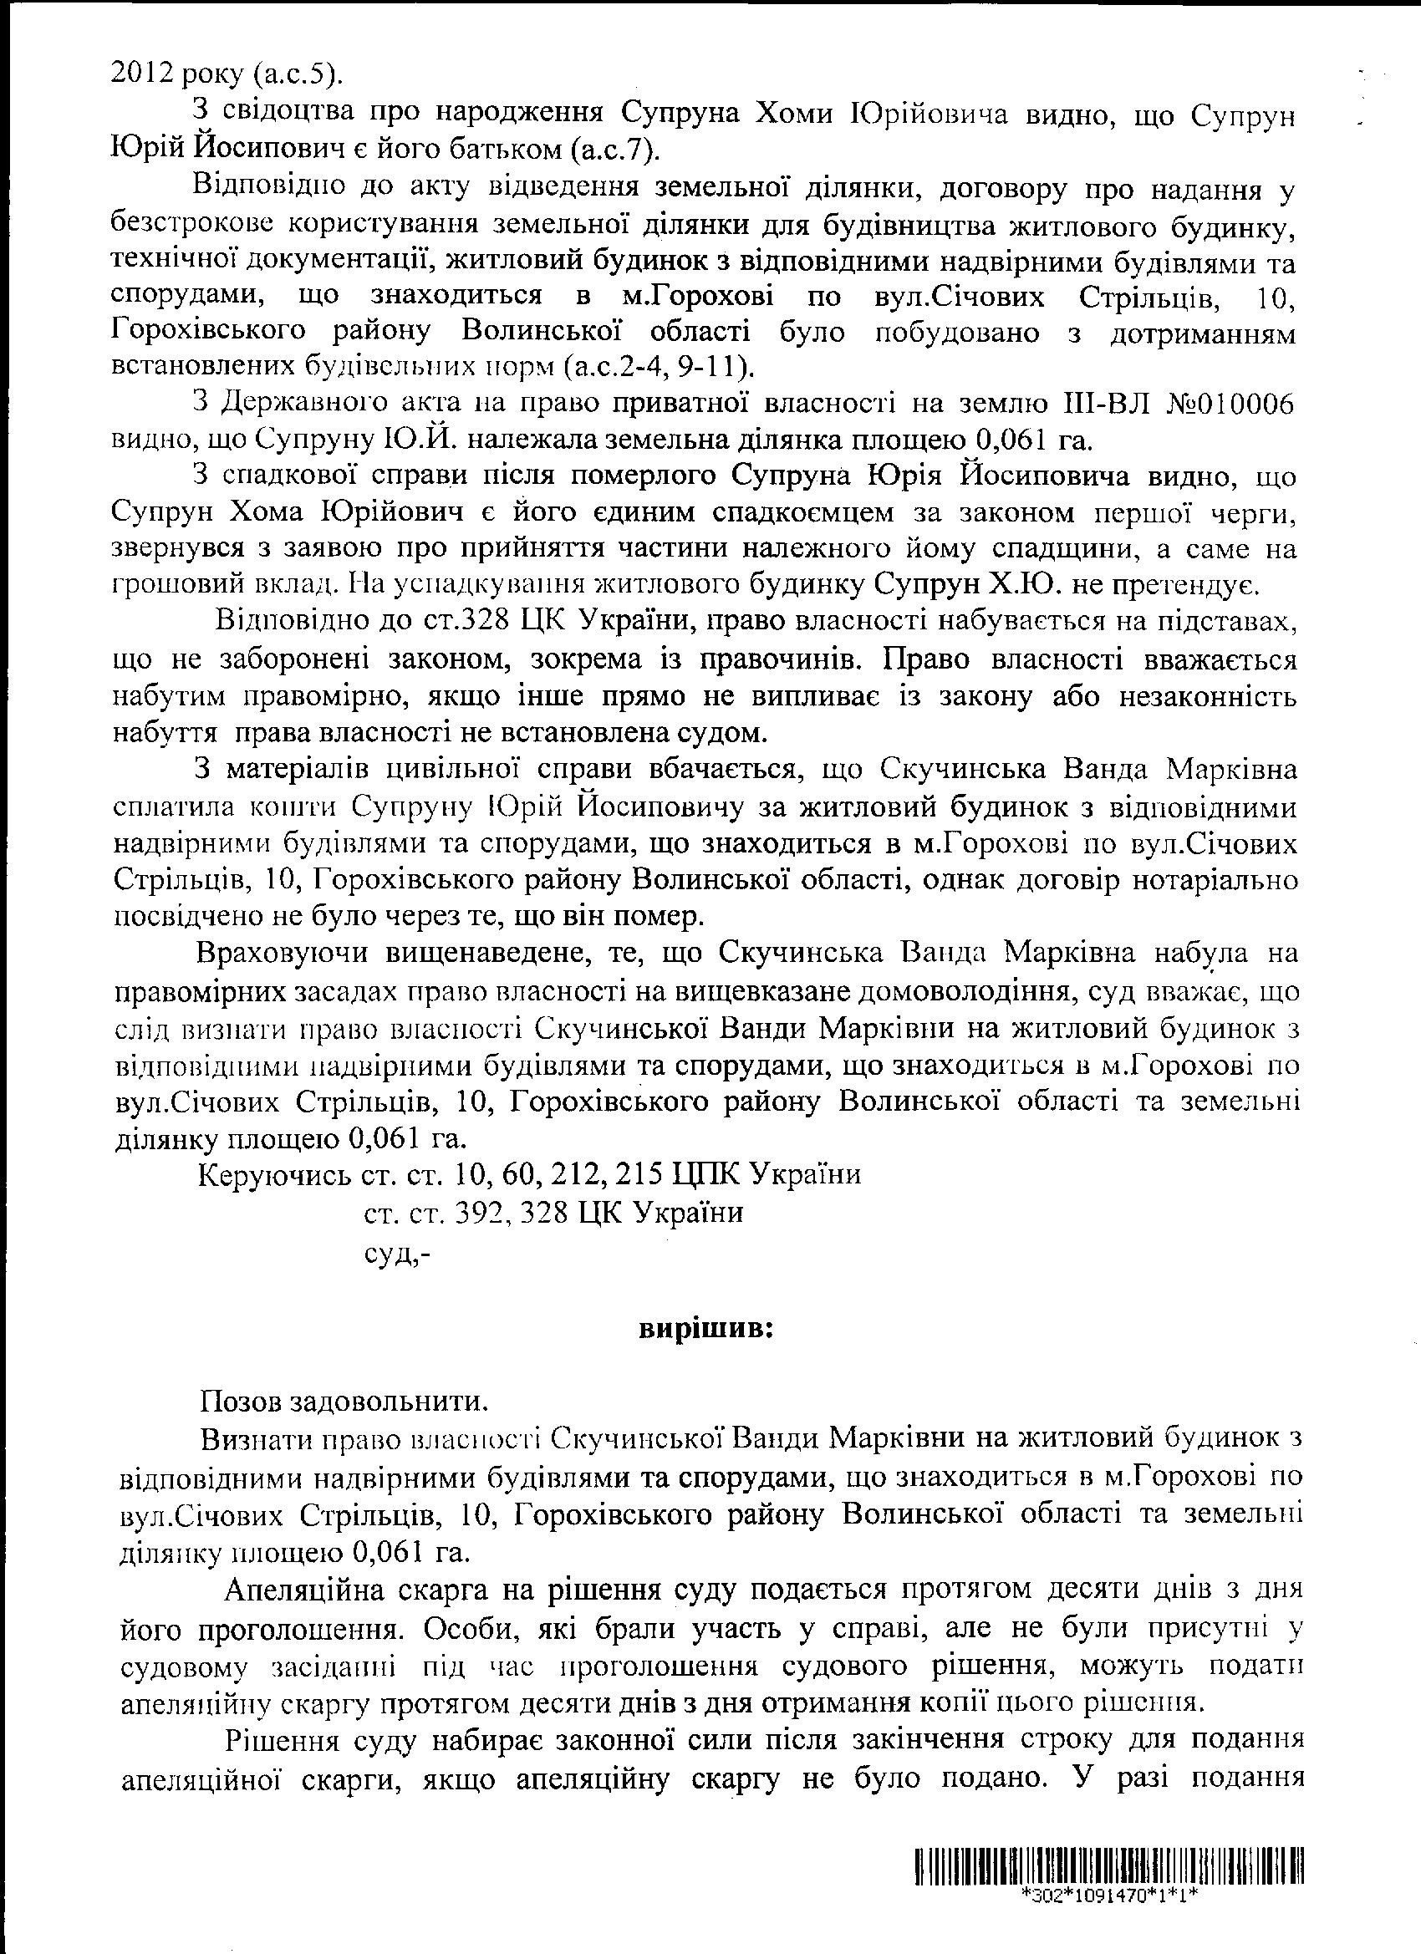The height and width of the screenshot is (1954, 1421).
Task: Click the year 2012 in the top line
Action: point(141,75)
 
